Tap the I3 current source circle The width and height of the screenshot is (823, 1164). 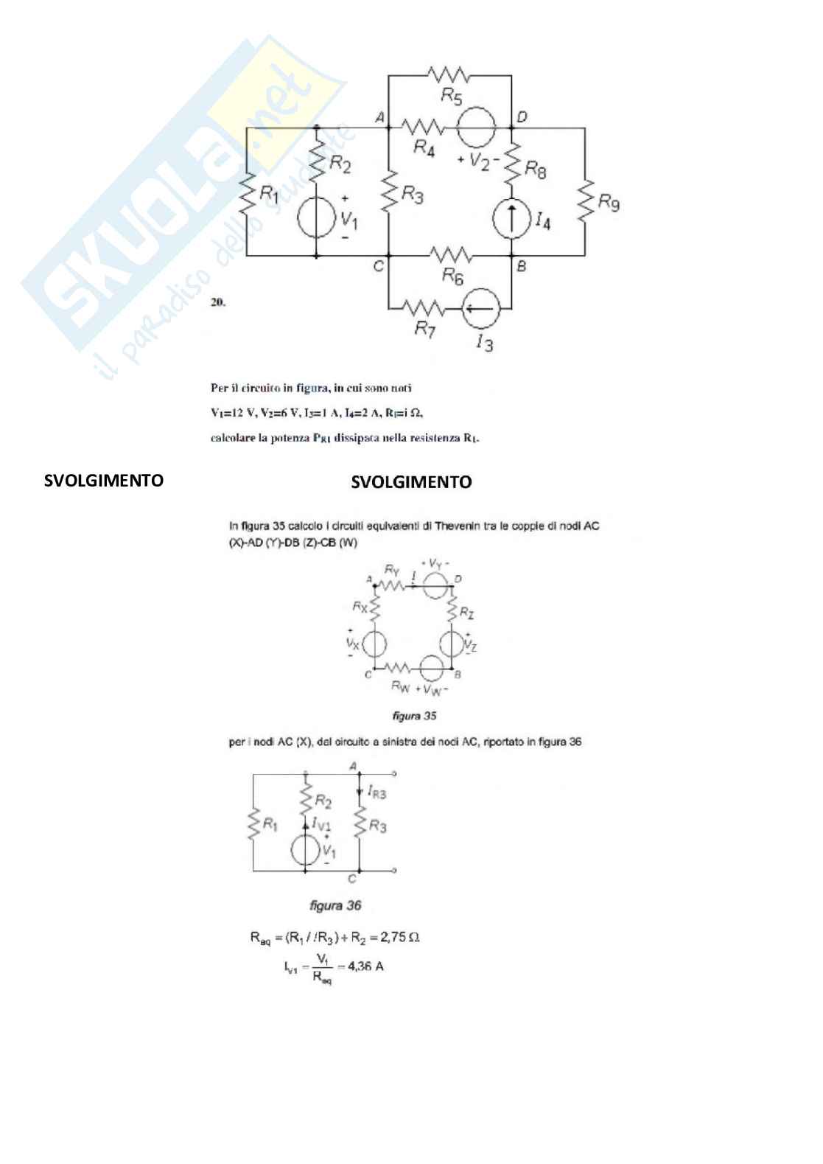(482, 308)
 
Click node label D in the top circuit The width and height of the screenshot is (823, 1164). (522, 116)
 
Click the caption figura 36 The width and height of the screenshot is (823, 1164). (335, 905)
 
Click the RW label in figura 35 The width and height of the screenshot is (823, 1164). (400, 687)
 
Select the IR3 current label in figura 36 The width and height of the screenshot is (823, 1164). (376, 793)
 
